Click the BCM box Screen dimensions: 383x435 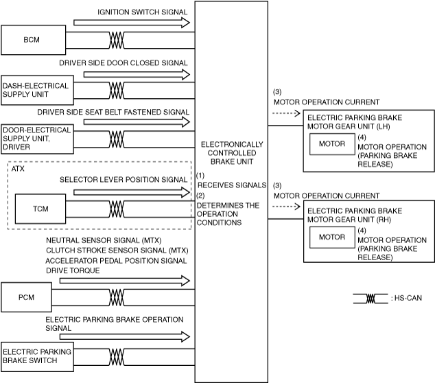[31, 40]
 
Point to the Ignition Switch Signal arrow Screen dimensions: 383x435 [130, 23]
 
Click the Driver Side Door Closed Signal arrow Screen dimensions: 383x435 [130, 72]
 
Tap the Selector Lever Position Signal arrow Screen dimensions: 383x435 [130, 192]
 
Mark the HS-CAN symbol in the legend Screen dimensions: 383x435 [371, 299]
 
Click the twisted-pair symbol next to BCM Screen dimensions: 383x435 [115, 40]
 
